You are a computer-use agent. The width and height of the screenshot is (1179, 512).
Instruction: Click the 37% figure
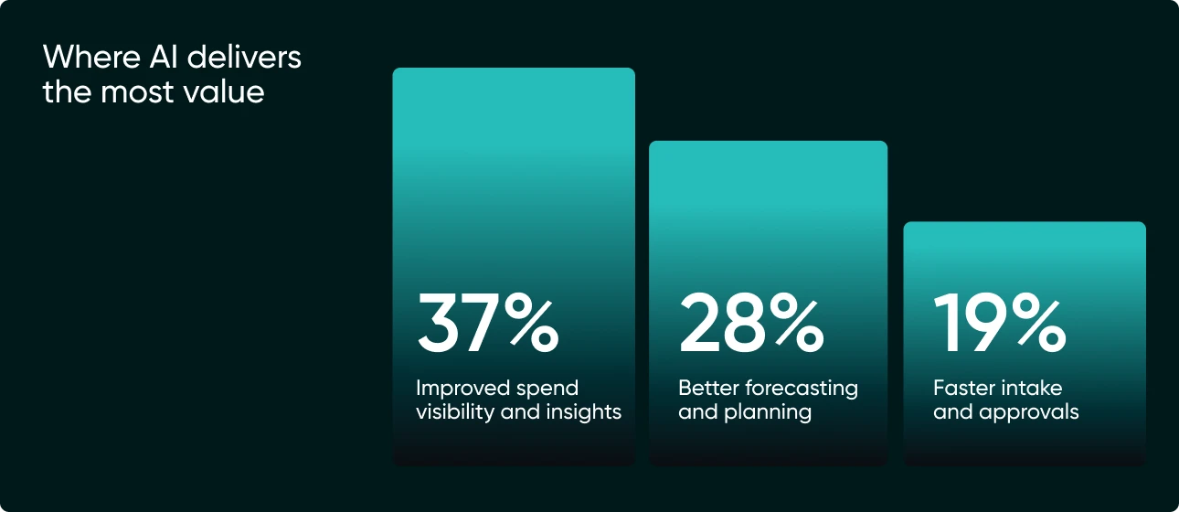[x=486, y=324]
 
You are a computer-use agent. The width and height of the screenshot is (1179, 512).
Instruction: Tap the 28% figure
[x=750, y=324]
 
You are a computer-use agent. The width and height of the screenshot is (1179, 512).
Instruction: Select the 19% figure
[x=999, y=324]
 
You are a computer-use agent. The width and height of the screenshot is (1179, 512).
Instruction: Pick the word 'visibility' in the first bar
[x=457, y=412]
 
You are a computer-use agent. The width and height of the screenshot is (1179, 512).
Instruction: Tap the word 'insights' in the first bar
[x=585, y=412]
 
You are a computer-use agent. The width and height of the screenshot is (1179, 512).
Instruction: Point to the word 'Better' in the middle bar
[x=707, y=388]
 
